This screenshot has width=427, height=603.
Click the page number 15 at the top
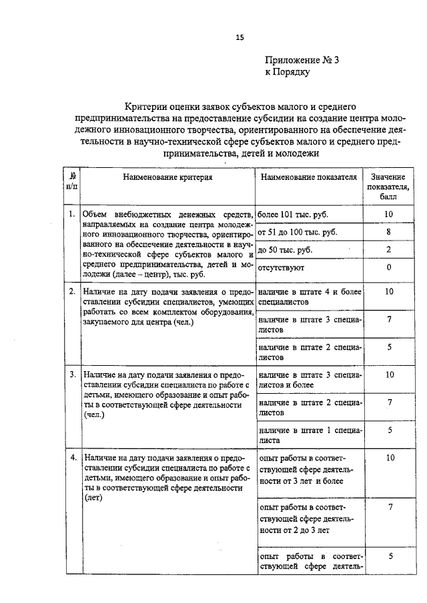[240, 38]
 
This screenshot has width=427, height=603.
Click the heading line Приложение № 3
[303, 60]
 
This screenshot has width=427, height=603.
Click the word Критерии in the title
[150, 105]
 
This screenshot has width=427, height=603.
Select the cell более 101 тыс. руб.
[293, 215]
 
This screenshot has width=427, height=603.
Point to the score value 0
[388, 268]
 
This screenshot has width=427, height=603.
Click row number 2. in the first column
[71, 292]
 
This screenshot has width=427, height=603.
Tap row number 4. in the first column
[71, 458]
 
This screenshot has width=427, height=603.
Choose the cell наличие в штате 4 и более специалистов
[309, 297]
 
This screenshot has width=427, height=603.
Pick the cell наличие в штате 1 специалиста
[309, 435]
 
